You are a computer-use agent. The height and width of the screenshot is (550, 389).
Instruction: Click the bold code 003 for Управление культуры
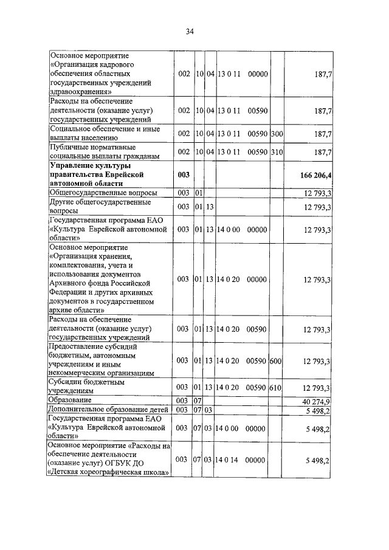tap(184, 175)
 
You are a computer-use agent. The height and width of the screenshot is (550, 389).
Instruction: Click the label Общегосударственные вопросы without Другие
tap(97, 193)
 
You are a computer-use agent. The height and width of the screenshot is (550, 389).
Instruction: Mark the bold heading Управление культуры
tap(91, 165)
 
